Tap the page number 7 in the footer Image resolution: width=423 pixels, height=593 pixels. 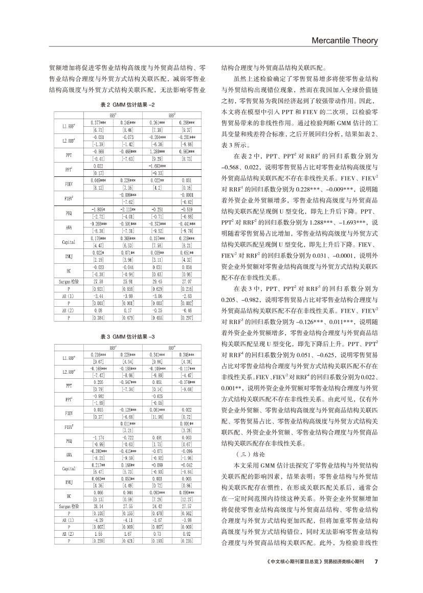pos(375,561)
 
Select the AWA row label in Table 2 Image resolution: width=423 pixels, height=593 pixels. pos(69,227)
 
